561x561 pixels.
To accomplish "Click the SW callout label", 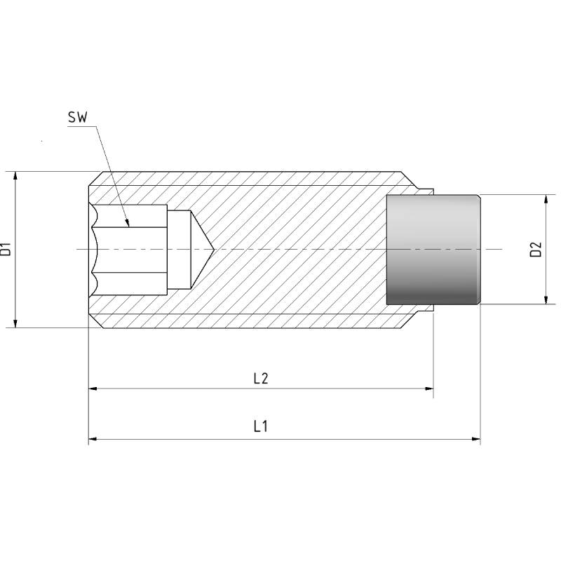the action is coord(78,117).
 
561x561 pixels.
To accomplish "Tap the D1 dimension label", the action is coord(6,250).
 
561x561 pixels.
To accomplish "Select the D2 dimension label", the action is coord(536,250).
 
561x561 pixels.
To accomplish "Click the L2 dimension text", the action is coord(261,378).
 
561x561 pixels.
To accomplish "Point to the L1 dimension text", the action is coord(260,426).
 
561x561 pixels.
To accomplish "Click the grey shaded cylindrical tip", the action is coord(433,250).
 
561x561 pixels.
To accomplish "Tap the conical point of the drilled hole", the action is coord(214,250).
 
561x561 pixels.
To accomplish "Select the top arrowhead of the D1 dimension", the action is coord(15,176).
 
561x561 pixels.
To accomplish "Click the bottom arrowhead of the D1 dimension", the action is coord(15,323).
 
